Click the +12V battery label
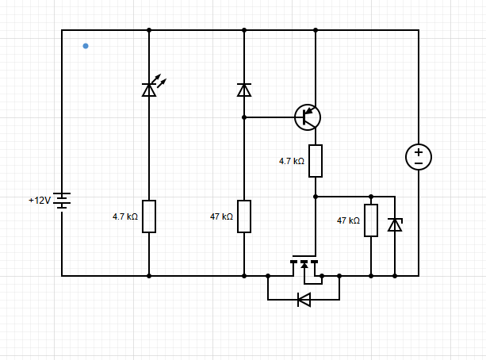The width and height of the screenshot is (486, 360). tap(40, 201)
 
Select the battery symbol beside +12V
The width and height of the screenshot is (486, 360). tap(62, 201)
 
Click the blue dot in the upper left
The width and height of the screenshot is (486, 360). tap(86, 46)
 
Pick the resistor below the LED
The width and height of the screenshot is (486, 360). tap(149, 216)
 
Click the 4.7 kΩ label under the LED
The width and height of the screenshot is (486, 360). tap(125, 216)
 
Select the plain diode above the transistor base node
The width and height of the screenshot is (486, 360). tap(244, 90)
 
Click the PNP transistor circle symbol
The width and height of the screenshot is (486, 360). tap(308, 117)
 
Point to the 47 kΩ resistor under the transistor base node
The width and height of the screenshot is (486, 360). tap(244, 216)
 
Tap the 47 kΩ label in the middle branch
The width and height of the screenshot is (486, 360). tap(221, 216)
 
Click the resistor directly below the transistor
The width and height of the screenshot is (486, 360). tap(316, 161)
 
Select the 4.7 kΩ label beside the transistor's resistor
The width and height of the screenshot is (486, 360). tap(292, 161)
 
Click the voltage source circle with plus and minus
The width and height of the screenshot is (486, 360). tap(419, 157)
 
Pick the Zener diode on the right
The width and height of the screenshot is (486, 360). tap(395, 225)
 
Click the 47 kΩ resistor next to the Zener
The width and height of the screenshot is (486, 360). tap(371, 220)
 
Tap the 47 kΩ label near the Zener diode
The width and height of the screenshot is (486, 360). tap(348, 220)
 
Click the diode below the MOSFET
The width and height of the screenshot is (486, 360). tap(304, 300)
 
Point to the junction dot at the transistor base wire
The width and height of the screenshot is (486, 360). tap(244, 117)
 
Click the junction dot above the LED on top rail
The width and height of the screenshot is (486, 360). tap(149, 30)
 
